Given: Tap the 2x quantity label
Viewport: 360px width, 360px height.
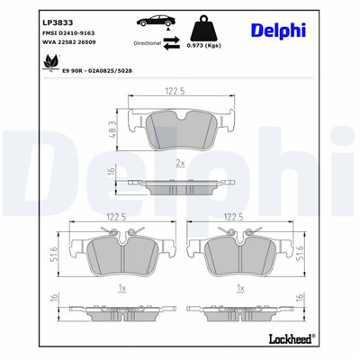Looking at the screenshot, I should click(x=180, y=164).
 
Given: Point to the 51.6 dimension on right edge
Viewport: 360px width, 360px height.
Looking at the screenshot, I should click(x=300, y=256).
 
